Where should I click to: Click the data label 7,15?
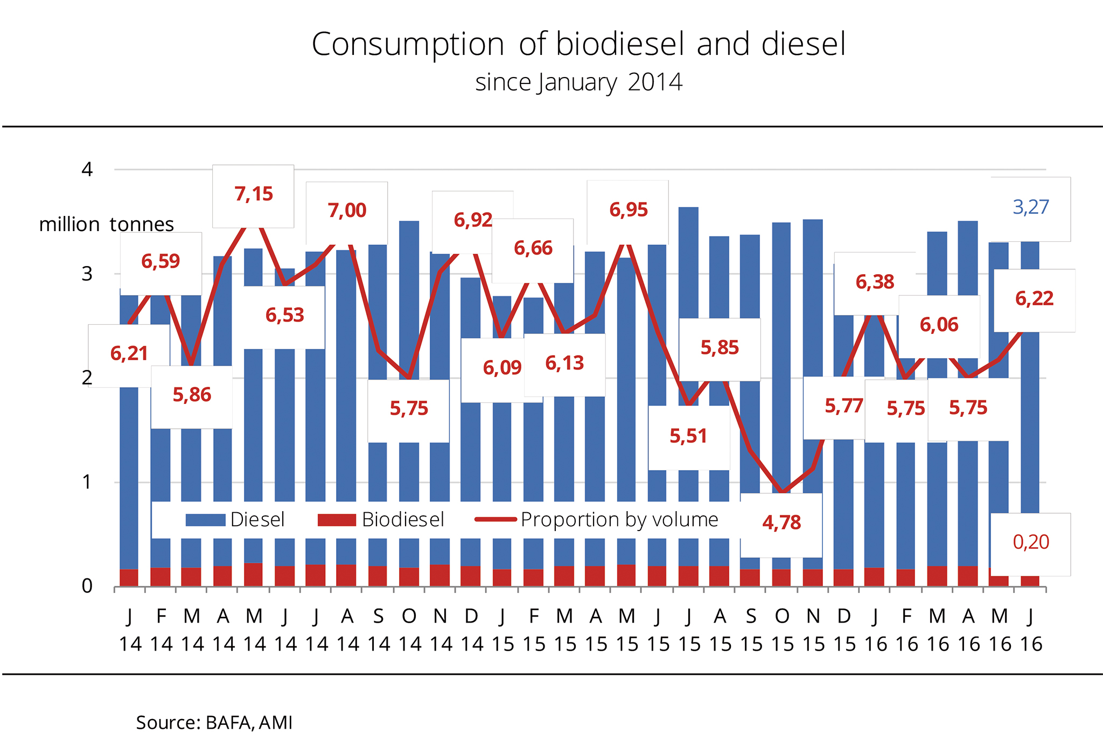click(254, 194)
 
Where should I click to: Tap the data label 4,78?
click(781, 522)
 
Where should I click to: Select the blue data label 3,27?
click(1031, 207)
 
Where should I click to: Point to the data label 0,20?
click(1031, 542)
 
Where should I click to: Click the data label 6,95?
click(629, 210)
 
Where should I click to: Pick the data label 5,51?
click(688, 436)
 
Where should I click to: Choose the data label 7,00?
click(347, 210)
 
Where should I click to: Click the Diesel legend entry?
click(235, 520)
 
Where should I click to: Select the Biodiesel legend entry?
click(381, 520)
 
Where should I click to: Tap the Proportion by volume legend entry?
click(597, 520)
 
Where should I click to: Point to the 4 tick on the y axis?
click(87, 170)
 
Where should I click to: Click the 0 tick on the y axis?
click(87, 586)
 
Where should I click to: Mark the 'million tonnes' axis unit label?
click(106, 224)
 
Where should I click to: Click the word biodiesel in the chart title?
click(620, 44)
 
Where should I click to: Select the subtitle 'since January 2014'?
click(578, 82)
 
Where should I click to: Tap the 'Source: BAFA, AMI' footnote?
click(214, 722)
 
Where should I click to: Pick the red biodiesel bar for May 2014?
click(253, 575)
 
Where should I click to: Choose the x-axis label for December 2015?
click(844, 630)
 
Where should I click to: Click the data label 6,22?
click(1034, 298)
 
